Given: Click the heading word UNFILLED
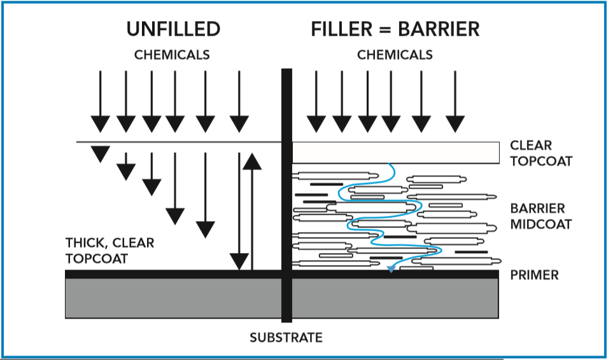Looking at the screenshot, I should click(173, 29).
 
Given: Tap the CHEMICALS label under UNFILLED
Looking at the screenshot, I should click(172, 55).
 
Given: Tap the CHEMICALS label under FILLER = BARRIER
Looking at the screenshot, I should click(395, 55).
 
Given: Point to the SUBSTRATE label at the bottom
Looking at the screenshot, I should click(286, 337).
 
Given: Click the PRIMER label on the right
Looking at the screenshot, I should click(534, 275).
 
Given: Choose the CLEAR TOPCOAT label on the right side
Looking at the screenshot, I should click(541, 154).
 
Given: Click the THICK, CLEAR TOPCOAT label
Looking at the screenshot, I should click(110, 251).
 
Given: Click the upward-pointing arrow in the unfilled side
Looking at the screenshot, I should click(252, 210).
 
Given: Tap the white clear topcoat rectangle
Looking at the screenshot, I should click(395, 152).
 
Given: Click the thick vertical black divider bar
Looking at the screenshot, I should click(286, 191).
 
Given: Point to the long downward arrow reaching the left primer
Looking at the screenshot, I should click(239, 210).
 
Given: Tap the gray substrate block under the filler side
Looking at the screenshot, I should click(395, 298).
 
